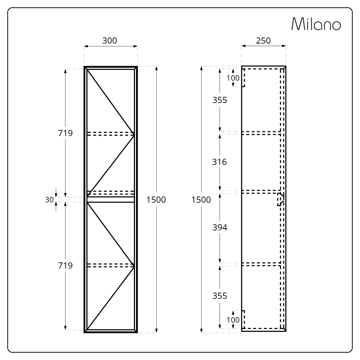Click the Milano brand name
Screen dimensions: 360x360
[x=316, y=24]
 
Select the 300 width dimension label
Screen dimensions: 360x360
[x=109, y=41]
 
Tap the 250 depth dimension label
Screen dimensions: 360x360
[x=264, y=41]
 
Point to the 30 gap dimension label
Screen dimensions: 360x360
[x=49, y=200]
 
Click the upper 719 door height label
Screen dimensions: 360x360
[x=65, y=133]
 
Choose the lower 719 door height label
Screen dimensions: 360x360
[x=65, y=265]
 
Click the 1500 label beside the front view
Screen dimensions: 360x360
[x=156, y=200]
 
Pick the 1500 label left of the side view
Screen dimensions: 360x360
[x=201, y=200]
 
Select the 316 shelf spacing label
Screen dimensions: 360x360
[x=220, y=162]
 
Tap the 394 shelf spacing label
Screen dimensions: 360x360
[x=220, y=228]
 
